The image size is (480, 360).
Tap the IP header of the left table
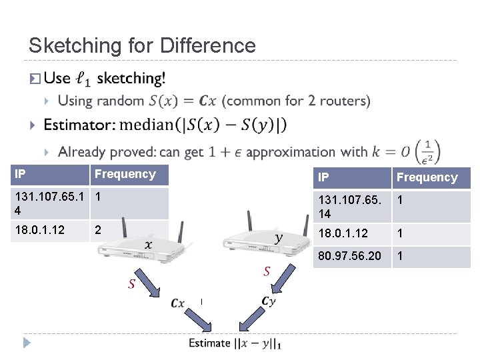click(21, 175)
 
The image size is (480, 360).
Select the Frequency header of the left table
click(125, 175)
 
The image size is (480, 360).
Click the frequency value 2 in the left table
click(98, 230)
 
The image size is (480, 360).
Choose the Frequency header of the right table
click(427, 177)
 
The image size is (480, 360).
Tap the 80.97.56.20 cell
click(350, 257)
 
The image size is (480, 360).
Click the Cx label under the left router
click(177, 303)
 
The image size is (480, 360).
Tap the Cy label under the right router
click(268, 301)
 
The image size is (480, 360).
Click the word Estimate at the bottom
click(209, 343)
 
